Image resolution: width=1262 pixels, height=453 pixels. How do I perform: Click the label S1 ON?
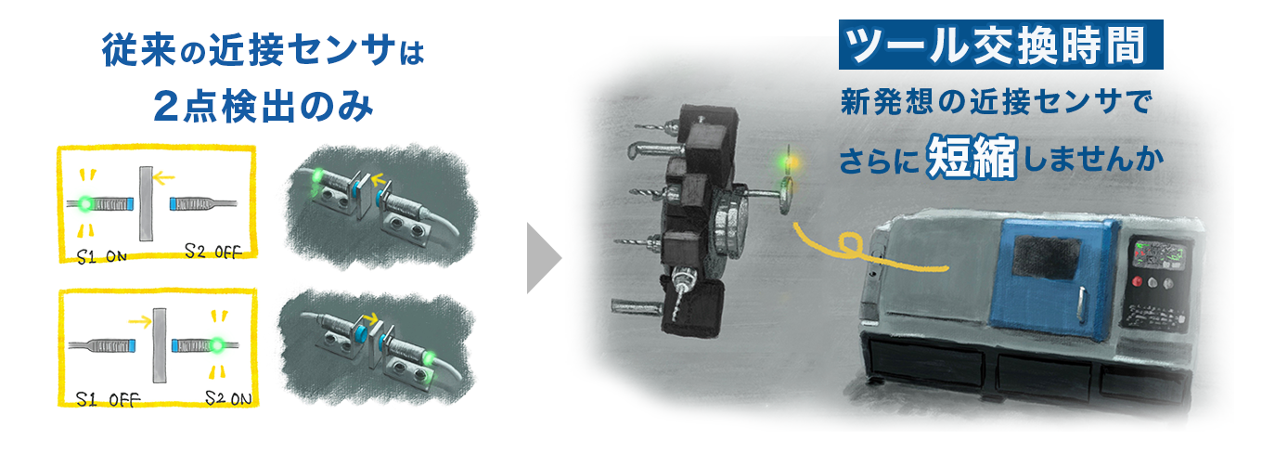[101, 257]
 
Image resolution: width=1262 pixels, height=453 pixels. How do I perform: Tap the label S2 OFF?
[213, 252]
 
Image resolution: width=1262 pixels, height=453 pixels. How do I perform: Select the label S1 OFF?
[108, 399]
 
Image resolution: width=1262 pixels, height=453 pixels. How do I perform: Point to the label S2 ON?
[228, 398]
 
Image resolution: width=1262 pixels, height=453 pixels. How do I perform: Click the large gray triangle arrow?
[544, 258]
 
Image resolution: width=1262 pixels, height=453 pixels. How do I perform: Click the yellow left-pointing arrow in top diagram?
[163, 178]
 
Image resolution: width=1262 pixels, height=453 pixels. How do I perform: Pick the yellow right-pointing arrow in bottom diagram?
[140, 322]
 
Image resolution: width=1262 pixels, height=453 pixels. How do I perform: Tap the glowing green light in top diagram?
[85, 203]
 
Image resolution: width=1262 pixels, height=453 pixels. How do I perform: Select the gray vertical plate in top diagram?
[147, 203]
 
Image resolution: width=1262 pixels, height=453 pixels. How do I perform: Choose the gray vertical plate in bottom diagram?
[160, 345]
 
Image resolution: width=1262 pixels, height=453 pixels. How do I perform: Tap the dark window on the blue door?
[1046, 257]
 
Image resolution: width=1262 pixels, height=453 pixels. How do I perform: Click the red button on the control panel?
[1138, 281]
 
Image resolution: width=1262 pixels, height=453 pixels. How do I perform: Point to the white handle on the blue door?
[1081, 305]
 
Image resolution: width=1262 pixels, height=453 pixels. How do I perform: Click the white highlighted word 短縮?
[972, 157]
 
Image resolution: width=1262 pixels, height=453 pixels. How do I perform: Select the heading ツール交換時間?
[1000, 45]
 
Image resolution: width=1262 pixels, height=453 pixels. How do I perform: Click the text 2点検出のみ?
[264, 106]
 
